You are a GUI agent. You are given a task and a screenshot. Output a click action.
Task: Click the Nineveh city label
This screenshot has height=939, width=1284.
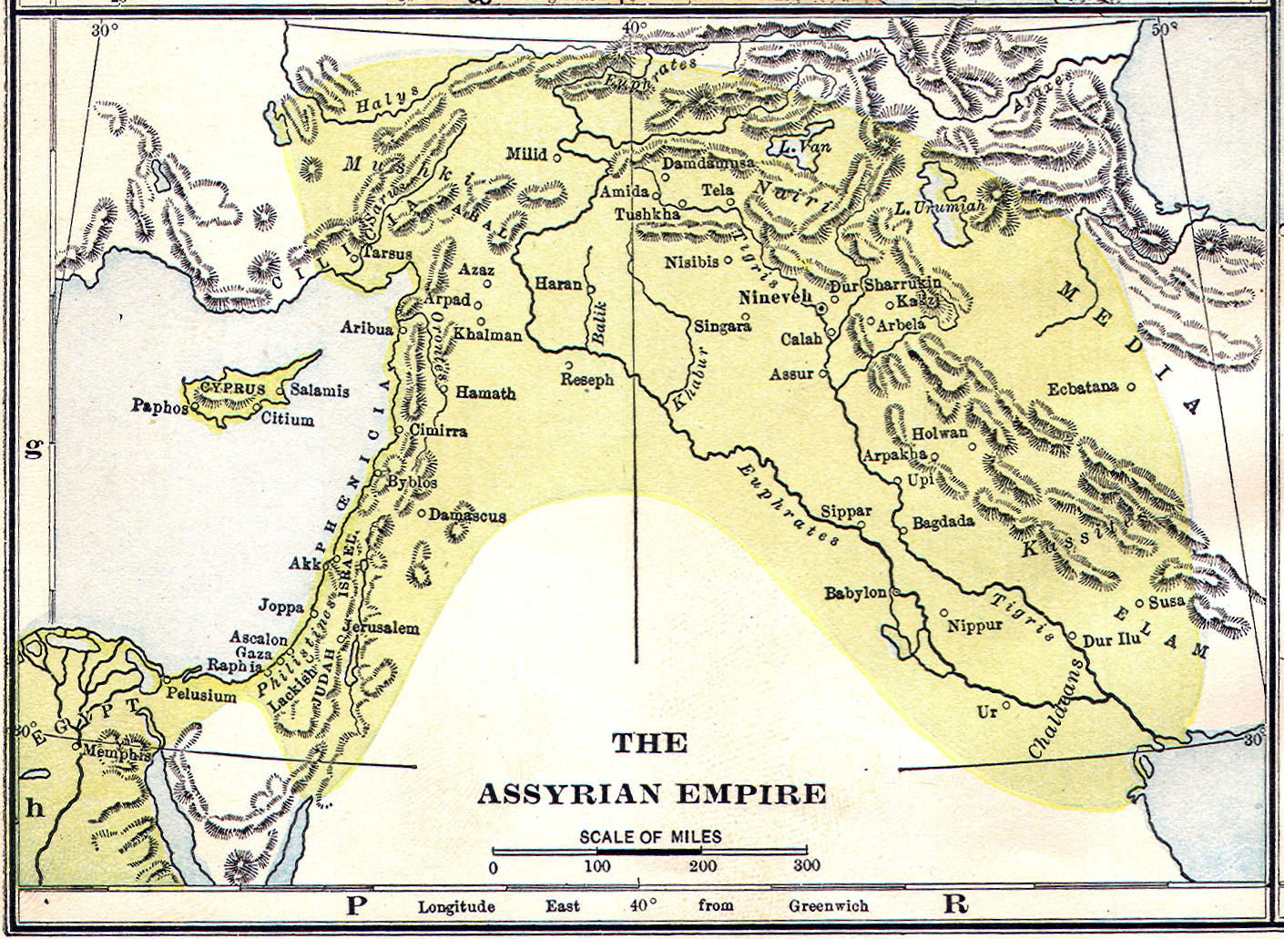[x=774, y=298]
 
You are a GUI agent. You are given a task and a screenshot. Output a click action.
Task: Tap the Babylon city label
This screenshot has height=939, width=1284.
[x=855, y=593]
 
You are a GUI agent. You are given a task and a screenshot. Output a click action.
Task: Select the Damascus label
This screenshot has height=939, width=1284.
[x=467, y=515]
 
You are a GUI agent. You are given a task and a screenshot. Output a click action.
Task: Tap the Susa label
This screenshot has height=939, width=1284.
[x=1167, y=601]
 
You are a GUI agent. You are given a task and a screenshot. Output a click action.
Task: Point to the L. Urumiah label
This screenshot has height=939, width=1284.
[x=940, y=208]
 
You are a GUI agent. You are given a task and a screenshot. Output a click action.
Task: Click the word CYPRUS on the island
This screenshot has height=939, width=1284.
[x=233, y=388]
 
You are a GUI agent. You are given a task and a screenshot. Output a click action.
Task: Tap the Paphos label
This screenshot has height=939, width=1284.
[x=158, y=406]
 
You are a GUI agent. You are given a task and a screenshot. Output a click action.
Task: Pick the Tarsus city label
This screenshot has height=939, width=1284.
[x=387, y=253]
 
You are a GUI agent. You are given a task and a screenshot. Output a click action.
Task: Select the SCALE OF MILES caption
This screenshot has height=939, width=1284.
[x=650, y=836]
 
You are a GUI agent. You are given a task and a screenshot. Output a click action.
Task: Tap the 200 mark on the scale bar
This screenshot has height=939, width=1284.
[x=702, y=866]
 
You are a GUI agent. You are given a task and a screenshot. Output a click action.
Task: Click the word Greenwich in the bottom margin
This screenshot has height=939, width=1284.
[x=828, y=906]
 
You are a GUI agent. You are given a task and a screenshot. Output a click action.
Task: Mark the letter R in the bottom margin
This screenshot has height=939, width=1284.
[x=955, y=904]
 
